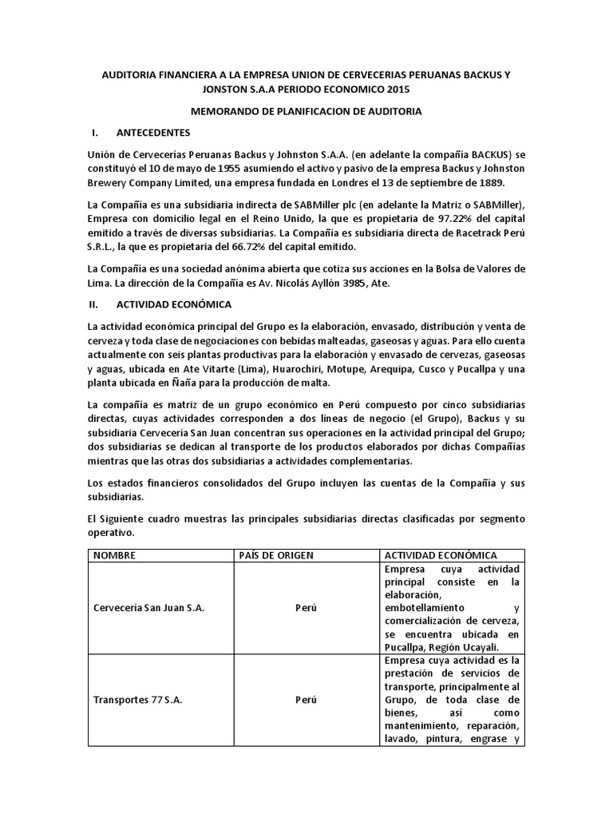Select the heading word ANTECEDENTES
point(153,132)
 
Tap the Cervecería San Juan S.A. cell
point(149,609)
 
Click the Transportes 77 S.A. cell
point(138,699)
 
